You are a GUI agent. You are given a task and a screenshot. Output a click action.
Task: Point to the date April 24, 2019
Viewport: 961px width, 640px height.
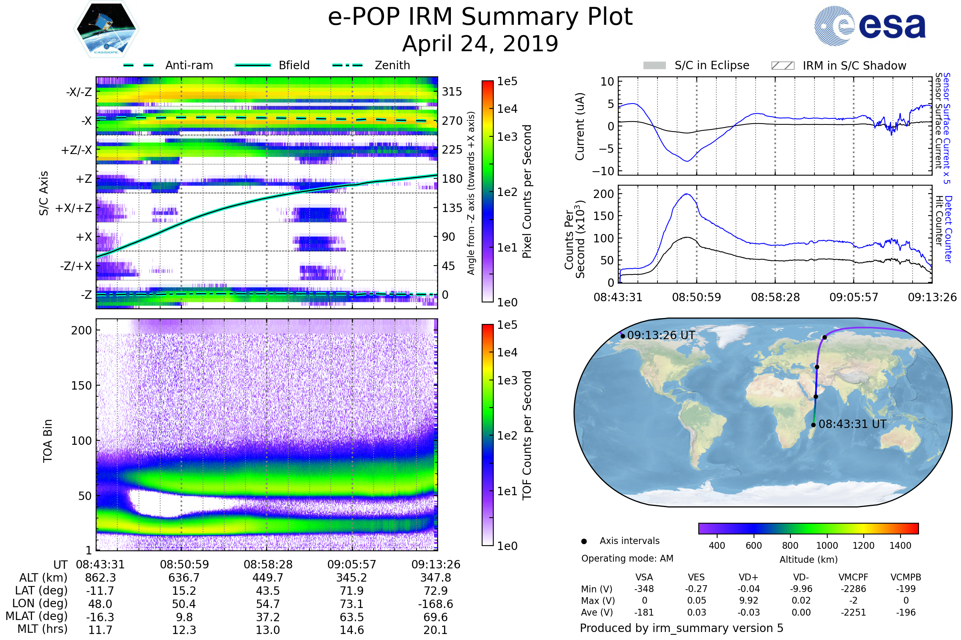[480, 44]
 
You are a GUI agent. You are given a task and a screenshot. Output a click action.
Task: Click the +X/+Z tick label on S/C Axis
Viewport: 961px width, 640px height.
[74, 208]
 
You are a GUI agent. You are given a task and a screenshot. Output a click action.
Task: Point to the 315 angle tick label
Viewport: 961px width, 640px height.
[452, 92]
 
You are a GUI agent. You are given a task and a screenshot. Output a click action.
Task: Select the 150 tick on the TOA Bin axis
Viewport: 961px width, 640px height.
[81, 386]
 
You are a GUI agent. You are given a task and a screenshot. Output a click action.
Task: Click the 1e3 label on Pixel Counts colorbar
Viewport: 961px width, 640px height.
[507, 137]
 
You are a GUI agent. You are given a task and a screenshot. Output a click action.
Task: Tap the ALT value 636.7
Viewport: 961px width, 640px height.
[184, 578]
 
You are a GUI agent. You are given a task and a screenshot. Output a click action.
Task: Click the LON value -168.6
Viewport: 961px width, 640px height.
[435, 604]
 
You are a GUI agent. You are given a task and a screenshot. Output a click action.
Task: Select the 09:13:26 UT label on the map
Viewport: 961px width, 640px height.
[661, 336]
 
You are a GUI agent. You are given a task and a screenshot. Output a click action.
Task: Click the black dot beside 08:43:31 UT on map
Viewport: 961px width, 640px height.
[814, 425]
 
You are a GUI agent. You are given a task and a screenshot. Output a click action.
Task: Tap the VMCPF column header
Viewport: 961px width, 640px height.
[853, 578]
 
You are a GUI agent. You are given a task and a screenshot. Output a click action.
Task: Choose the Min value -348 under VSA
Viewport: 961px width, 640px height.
[644, 589]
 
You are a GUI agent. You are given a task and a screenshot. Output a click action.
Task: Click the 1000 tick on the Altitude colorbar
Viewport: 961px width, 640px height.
[826, 546]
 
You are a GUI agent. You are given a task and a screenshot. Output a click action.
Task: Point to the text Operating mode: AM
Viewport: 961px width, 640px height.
[627, 558]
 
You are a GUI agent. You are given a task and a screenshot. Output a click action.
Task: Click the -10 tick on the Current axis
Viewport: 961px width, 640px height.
[603, 172]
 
